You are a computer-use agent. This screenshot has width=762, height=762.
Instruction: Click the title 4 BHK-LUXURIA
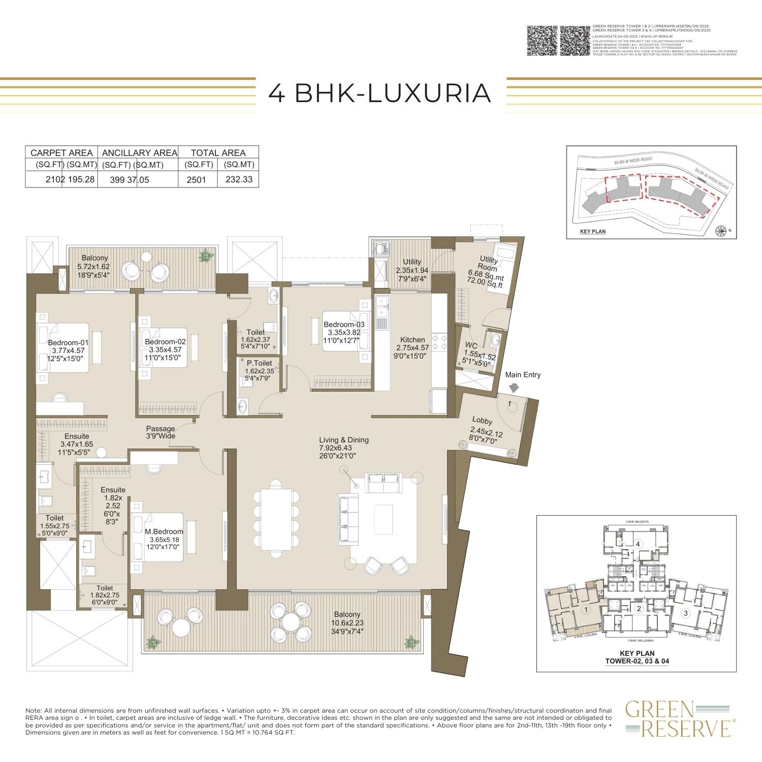point(379,93)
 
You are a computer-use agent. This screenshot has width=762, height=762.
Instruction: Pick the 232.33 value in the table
point(239,179)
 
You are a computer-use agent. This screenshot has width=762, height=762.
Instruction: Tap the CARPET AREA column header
point(61,153)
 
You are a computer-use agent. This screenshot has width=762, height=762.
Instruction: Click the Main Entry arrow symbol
point(514,388)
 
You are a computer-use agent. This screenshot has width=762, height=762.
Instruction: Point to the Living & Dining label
point(344,440)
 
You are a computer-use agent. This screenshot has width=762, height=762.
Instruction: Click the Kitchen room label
point(412,340)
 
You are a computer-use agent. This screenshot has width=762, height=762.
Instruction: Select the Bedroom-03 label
point(344,325)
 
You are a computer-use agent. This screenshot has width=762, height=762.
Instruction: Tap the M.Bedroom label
point(164,531)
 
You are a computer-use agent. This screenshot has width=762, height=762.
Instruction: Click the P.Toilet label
point(259,363)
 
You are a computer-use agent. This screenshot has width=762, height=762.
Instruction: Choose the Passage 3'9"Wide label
point(161,432)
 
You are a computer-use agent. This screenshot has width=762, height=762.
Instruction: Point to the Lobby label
point(482,421)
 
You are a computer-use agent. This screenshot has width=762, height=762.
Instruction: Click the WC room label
point(471,345)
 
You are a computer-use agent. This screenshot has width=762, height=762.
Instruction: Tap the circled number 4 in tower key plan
point(638,544)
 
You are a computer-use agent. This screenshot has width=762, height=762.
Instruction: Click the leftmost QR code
point(542,40)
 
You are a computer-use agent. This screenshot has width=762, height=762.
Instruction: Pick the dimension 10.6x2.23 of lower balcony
point(347,623)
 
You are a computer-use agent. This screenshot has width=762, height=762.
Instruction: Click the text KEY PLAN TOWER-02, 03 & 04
point(637,657)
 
